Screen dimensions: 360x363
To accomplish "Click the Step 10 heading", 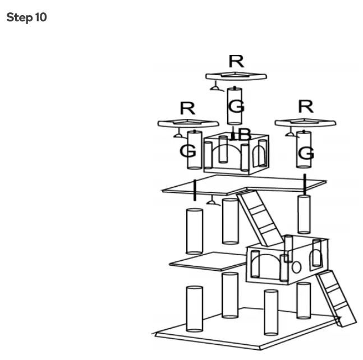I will coord(26,17).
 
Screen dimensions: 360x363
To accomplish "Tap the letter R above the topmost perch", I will coord(236,61).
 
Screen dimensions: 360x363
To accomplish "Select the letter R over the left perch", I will coord(187,109).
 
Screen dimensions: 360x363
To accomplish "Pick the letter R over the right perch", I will coord(306,106).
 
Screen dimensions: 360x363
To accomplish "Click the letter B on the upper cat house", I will coord(243,135).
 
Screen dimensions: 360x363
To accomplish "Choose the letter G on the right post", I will coord(306,153).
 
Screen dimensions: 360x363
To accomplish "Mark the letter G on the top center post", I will coord(237,105).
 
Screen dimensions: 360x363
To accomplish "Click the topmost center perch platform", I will coord(236,76).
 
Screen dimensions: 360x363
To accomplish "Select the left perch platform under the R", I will coord(187,123).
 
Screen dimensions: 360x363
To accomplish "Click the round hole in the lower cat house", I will coord(297,266).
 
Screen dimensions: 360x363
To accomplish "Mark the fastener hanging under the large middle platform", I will coord(213,201).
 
